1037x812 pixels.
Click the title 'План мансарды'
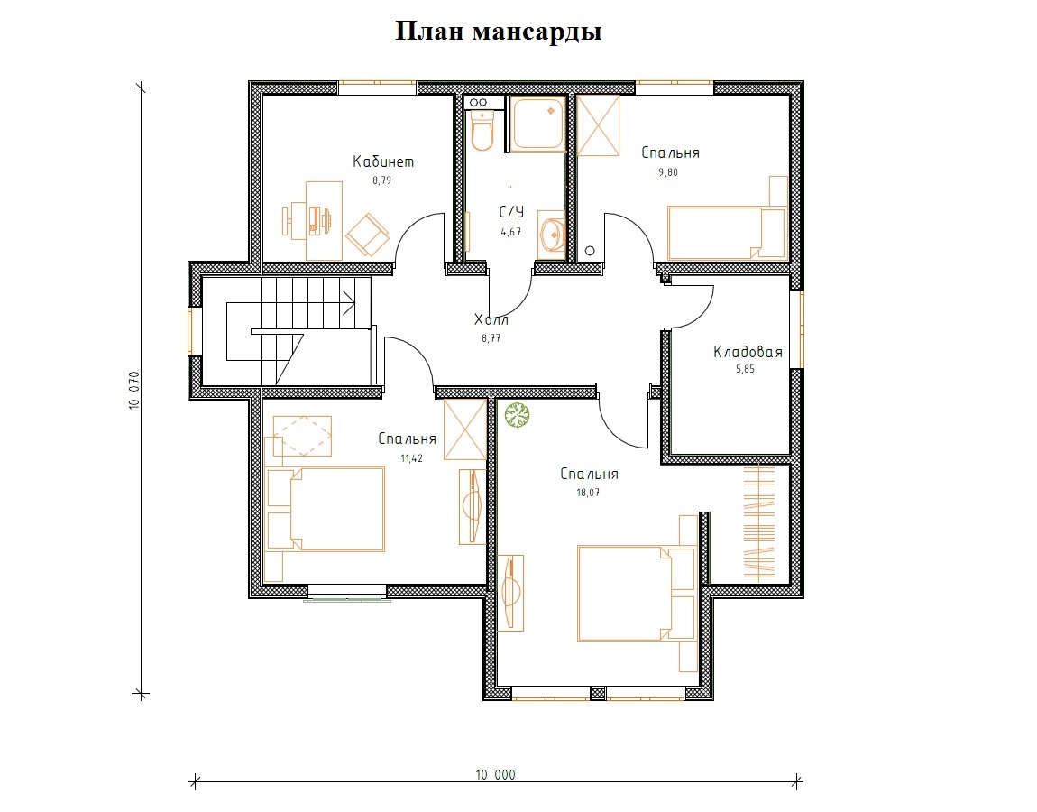point(499,31)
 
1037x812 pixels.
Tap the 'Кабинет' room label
point(383,161)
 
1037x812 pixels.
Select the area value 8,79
point(381,180)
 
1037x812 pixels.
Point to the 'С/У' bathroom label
point(511,212)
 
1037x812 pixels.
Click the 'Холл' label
point(491,319)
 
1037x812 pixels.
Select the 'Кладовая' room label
point(748,352)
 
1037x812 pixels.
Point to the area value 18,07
point(588,493)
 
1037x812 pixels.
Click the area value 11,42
point(411,458)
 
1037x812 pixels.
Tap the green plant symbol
point(518,416)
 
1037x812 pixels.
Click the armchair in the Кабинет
point(367,235)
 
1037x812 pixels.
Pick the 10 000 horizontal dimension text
point(495,774)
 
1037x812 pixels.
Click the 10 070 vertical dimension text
point(134,391)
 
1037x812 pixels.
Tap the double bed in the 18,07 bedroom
point(638,594)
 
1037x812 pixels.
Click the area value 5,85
point(746,369)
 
